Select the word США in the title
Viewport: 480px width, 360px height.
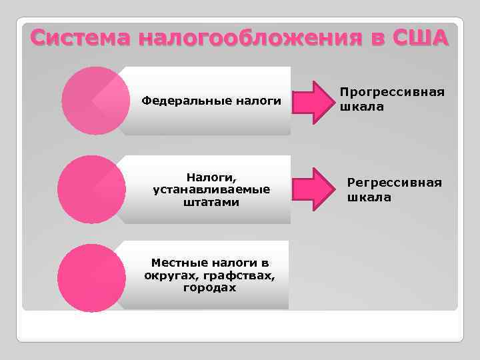tap(421, 38)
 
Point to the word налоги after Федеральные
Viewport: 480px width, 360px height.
tap(257, 101)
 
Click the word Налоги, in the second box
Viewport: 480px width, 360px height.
tap(211, 177)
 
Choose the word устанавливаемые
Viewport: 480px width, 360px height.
tap(211, 189)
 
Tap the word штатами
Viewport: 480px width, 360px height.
tap(211, 202)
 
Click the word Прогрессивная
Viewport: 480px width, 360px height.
tap(392, 93)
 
